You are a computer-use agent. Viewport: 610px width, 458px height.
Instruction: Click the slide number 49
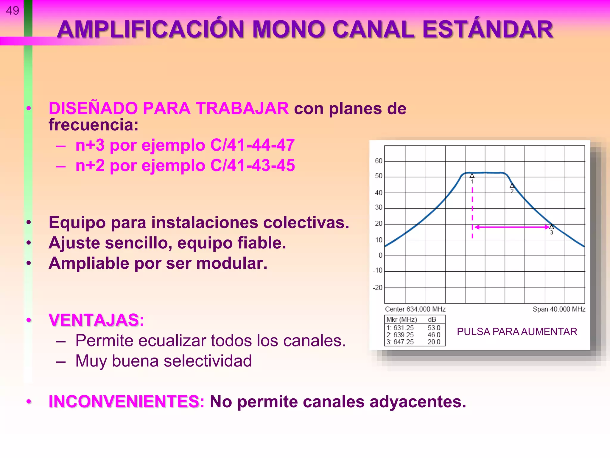pos(12,11)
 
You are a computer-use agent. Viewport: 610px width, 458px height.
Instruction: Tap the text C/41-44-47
pos(252,145)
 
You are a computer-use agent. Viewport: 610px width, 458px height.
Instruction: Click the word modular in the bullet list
pos(231,263)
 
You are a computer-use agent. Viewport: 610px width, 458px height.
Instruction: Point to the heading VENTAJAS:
pos(96,320)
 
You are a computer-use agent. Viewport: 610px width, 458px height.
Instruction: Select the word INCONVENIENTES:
pos(126,401)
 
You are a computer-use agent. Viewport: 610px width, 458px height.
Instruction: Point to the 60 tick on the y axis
pos(378,161)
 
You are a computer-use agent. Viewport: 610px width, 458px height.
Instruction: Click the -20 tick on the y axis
pos(378,288)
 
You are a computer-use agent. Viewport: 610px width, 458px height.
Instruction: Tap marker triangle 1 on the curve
pos(472,176)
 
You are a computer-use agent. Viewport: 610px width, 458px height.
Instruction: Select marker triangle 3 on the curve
pos(551,227)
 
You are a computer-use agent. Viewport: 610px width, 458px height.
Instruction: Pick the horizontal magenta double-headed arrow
pos(512,227)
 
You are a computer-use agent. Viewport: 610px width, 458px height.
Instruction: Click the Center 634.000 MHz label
pos(415,309)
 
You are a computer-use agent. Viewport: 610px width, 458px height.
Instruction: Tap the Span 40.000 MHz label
pos(559,309)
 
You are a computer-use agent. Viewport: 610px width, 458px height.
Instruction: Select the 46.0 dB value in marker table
pos(434,335)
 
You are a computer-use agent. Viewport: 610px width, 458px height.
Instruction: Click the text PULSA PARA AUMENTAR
pos(517,332)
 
